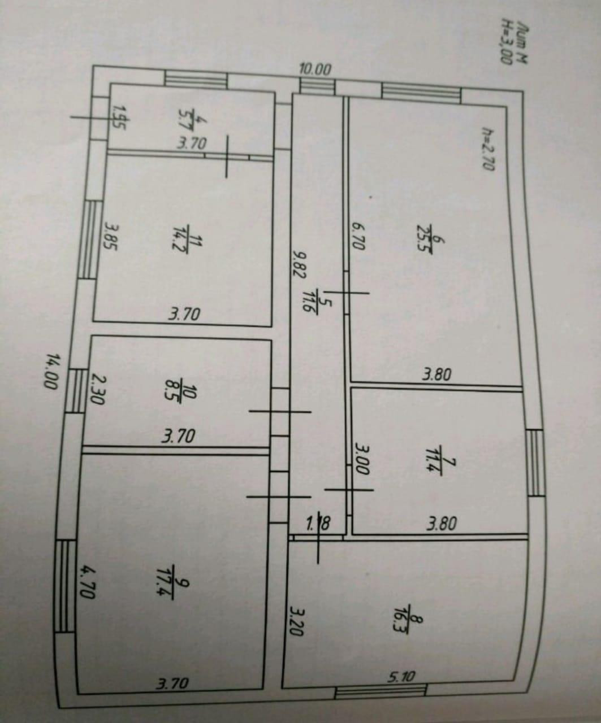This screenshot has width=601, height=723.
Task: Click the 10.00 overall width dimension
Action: click(315, 69)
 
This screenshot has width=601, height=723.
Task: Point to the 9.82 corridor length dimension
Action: click(299, 264)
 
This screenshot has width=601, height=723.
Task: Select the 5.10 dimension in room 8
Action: click(401, 676)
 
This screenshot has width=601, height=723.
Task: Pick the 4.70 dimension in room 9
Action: click(88, 582)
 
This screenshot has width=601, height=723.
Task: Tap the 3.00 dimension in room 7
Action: click(362, 459)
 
